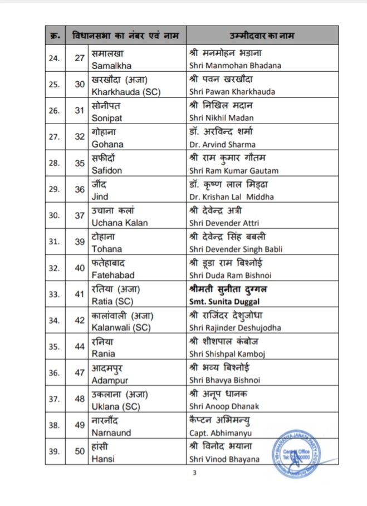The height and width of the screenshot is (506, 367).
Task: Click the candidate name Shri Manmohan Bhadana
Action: coord(235,65)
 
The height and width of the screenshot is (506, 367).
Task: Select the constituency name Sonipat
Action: coord(107,117)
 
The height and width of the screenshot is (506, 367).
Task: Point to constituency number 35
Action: coord(80,163)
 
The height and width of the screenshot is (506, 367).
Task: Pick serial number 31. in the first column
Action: coord(54,242)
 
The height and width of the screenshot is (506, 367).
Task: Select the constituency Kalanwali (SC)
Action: coord(122,327)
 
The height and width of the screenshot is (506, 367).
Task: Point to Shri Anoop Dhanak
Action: coord(224,406)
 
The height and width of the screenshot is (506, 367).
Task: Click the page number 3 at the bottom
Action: coord(195,474)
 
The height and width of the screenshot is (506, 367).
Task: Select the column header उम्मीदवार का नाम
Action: coord(254,36)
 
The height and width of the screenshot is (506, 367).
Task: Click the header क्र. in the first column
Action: coord(54,36)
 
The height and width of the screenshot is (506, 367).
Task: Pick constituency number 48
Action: coord(80,399)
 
